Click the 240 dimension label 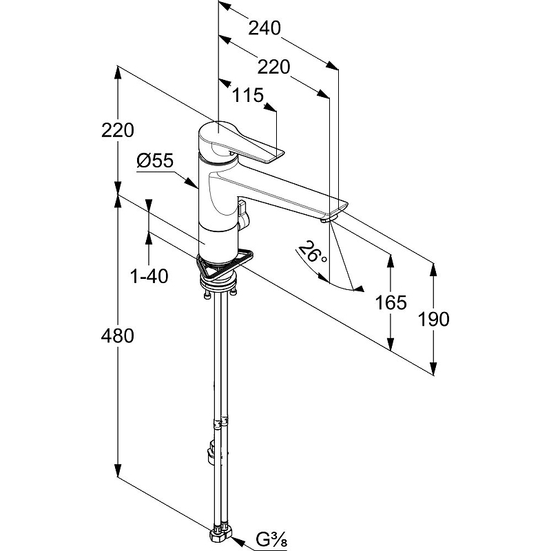[x=264, y=28]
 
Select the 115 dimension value [x=248, y=95]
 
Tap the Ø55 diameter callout [x=155, y=160]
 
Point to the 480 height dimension [x=117, y=335]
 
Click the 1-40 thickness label [x=149, y=276]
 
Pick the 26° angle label [x=312, y=252]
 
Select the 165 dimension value [x=391, y=302]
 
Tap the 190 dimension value [x=433, y=319]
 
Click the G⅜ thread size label [x=271, y=540]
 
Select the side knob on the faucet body [x=243, y=215]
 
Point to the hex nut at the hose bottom [x=220, y=537]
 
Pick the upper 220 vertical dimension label [x=117, y=130]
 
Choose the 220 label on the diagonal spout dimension [x=273, y=67]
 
